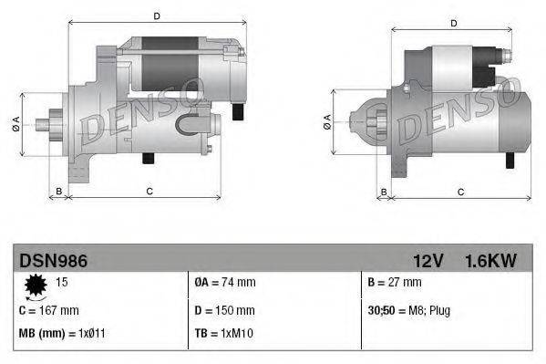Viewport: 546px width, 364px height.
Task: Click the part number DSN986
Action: tap(53, 261)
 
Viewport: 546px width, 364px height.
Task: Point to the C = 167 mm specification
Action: tap(49, 310)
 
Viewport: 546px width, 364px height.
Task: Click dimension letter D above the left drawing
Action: tap(157, 16)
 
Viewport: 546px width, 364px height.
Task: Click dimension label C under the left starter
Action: tap(149, 190)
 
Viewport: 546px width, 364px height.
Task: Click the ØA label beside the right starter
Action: tap(328, 122)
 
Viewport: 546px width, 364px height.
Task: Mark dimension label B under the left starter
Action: tap(59, 190)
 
